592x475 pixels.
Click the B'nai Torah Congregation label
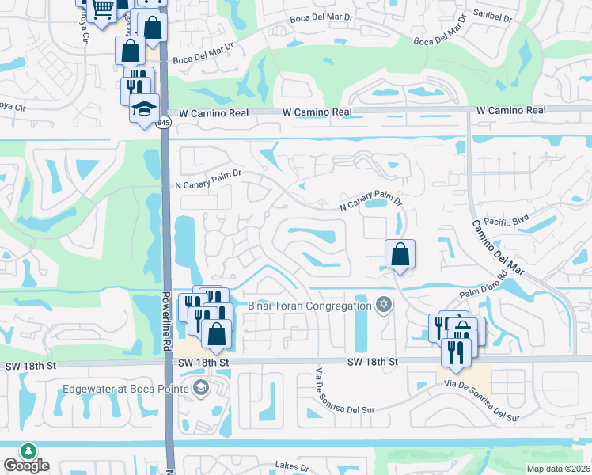(309, 306)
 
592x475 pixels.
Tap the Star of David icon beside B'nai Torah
(384, 305)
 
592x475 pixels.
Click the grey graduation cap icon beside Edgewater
(201, 387)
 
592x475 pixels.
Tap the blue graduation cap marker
(145, 108)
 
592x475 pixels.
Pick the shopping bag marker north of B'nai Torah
(400, 255)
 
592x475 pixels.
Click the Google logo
(26, 465)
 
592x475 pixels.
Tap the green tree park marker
(28, 450)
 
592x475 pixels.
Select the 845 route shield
(163, 122)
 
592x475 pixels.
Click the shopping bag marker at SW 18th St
(215, 333)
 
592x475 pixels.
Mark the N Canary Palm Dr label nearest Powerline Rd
(207, 184)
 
